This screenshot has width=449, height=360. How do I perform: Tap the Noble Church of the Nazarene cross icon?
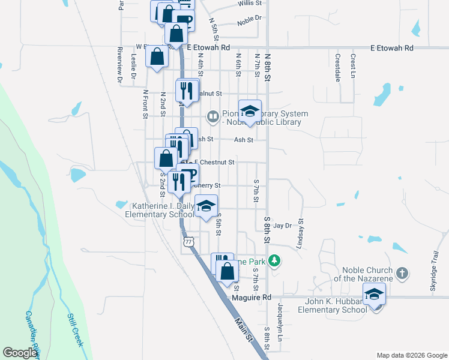click(x=402, y=274)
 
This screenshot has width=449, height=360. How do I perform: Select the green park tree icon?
click(x=274, y=260)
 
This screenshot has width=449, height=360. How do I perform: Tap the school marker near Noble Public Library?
click(x=250, y=112)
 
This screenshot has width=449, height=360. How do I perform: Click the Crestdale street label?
click(x=338, y=67)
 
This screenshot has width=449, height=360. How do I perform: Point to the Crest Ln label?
click(x=353, y=65)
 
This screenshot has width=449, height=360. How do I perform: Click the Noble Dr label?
click(x=250, y=20)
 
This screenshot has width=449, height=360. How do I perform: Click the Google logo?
click(x=20, y=353)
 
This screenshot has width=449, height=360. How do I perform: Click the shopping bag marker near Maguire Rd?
click(x=228, y=271)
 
